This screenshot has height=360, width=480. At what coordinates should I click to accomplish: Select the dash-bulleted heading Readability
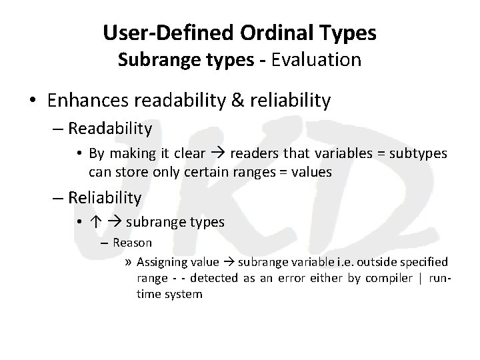(110, 127)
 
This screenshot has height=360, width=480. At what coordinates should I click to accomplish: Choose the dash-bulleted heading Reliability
(105, 197)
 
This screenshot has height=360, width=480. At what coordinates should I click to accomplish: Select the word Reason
(132, 243)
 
